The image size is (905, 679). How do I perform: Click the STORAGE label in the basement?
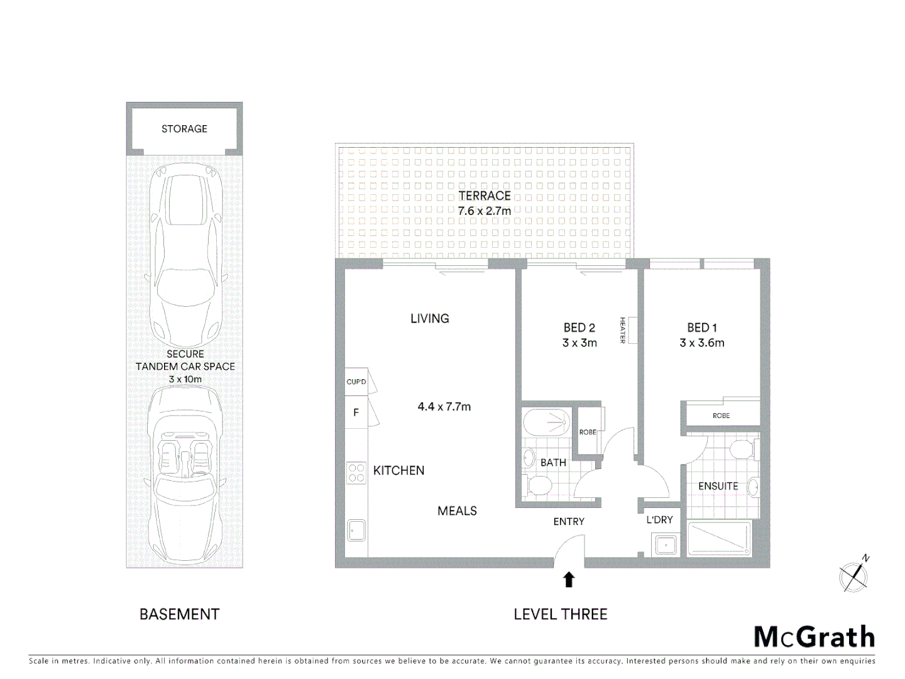184,129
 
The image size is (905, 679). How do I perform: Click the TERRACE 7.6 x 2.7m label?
485,203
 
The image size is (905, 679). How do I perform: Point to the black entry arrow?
569,580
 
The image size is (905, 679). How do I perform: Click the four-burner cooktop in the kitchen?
356,473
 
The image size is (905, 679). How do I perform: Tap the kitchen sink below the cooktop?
356,530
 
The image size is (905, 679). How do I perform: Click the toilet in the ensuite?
742,450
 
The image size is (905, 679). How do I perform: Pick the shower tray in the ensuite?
719,538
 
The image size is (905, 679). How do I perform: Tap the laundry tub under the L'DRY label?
665,544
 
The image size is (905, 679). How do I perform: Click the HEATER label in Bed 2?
623,330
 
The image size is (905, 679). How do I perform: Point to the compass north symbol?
854,575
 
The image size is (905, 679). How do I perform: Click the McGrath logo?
814,637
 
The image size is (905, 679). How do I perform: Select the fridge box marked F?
356,412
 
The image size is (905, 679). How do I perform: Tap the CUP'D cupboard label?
356,382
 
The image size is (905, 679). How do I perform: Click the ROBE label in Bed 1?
721,416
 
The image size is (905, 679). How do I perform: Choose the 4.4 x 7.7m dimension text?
444,407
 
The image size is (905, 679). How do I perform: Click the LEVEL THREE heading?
560,614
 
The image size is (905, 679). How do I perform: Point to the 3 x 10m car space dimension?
185,379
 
